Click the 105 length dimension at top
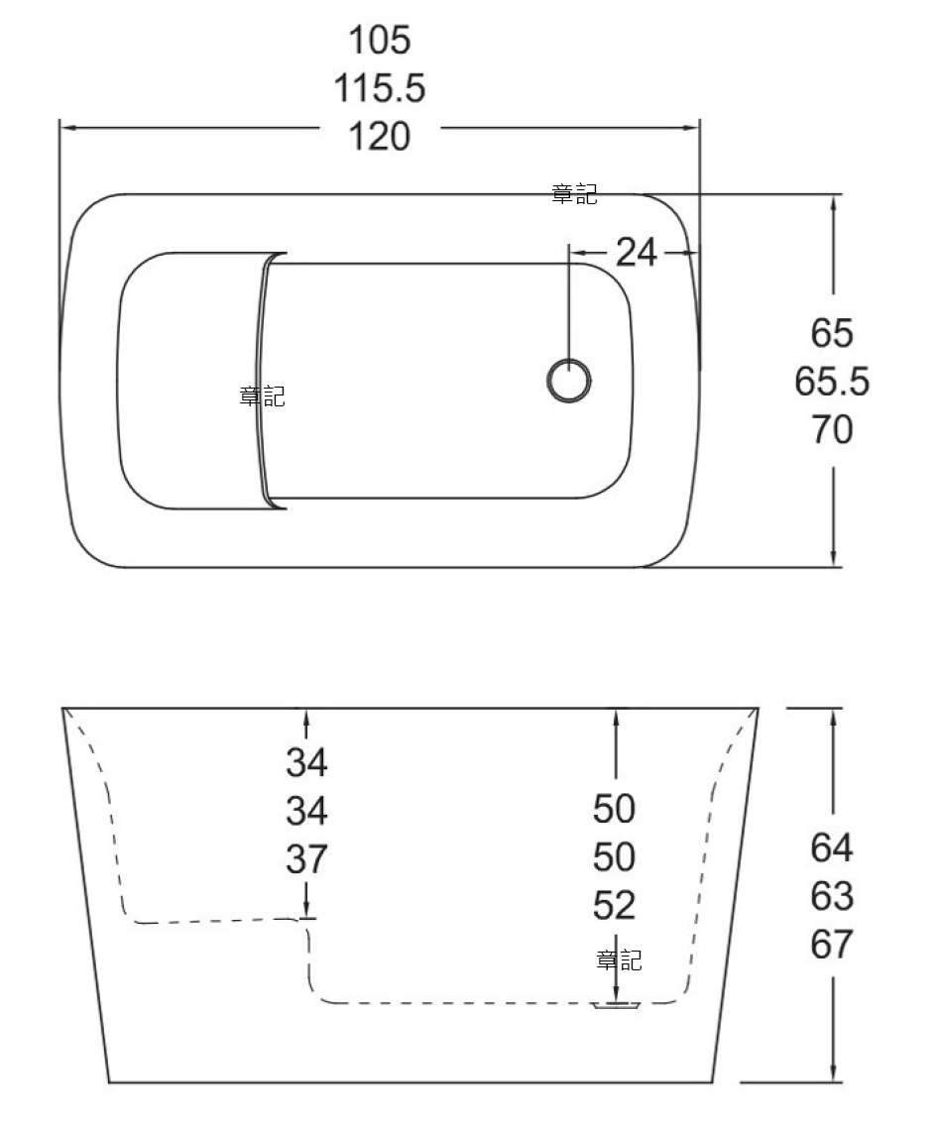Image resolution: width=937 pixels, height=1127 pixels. click(380, 40)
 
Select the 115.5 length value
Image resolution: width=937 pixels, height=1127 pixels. click(380, 87)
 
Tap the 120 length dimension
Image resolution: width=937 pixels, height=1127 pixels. click(380, 136)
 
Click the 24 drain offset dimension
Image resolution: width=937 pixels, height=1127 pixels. click(637, 253)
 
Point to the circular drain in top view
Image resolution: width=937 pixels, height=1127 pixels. click(569, 380)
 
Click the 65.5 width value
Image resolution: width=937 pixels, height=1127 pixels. click(832, 381)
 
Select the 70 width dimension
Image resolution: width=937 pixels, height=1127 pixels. click(832, 429)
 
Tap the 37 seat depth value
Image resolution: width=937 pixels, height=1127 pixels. click(307, 859)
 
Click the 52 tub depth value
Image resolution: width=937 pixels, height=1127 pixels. click(614, 906)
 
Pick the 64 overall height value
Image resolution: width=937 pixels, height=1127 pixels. click(832, 847)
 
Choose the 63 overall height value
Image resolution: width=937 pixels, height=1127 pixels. click(832, 896)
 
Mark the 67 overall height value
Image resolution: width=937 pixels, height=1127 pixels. click(832, 945)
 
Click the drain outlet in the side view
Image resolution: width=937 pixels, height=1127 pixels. click(616, 1006)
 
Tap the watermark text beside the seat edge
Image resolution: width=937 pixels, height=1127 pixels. click(263, 396)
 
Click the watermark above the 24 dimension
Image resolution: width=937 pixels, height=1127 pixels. click(574, 194)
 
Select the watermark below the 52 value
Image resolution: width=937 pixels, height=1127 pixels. click(619, 960)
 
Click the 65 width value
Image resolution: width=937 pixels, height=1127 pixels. click(832, 333)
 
